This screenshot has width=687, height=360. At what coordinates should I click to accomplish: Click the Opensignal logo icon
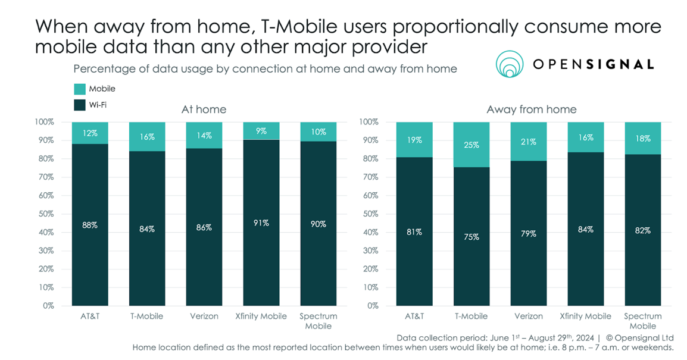[510, 64]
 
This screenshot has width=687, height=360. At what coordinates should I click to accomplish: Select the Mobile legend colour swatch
[80, 89]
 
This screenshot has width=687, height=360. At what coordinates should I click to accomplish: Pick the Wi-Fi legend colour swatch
[80, 105]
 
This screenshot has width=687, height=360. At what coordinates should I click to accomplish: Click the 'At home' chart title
[204, 109]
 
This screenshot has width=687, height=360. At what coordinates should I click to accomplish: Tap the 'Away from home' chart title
[531, 109]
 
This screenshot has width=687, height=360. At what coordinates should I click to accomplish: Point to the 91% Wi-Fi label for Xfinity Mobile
[261, 223]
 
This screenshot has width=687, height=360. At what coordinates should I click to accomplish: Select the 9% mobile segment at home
[261, 131]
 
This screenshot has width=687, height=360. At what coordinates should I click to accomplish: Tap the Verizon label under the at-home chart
[204, 317]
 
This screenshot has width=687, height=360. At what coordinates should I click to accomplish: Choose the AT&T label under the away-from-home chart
[414, 317]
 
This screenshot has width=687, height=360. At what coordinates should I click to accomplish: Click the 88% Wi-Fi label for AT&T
[90, 226]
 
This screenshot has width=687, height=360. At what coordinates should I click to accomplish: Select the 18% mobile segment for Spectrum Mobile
[642, 139]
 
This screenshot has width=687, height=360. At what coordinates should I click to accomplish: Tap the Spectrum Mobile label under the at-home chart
[318, 321]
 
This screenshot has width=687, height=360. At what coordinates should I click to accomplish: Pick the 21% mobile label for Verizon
[529, 142]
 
